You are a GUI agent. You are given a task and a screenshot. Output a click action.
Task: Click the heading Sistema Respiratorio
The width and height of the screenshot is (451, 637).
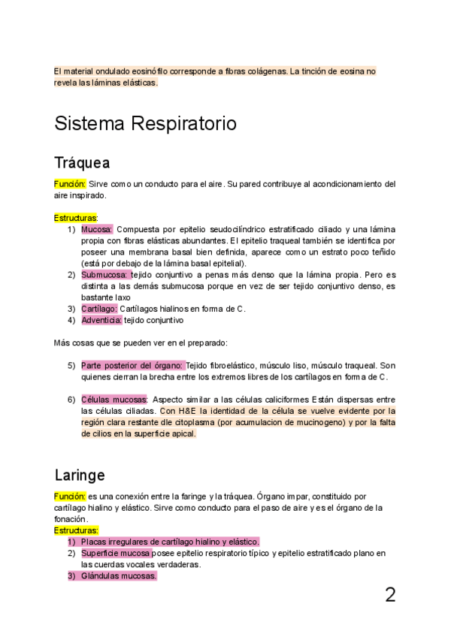(x=145, y=123)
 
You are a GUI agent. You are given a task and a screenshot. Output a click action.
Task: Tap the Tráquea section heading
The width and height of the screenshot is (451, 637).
(x=82, y=163)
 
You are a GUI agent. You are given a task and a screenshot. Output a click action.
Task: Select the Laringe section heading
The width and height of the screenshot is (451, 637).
(x=79, y=475)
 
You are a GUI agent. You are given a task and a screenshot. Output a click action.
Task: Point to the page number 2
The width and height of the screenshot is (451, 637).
(x=390, y=595)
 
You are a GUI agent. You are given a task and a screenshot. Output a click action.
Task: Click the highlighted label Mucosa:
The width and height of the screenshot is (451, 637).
(x=97, y=229)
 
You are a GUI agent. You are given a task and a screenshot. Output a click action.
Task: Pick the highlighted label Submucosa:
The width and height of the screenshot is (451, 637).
(x=105, y=275)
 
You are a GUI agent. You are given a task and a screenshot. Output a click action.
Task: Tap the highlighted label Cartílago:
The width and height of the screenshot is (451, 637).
(x=99, y=309)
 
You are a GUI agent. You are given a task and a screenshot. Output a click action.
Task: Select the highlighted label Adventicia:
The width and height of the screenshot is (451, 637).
(x=101, y=320)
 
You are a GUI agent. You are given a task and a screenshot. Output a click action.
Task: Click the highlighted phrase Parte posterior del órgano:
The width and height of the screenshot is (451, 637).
(x=132, y=365)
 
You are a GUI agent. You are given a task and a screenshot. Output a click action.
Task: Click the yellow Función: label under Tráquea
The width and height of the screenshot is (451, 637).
(x=70, y=183)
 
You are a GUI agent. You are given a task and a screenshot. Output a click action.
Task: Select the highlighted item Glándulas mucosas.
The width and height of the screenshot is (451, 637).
(x=119, y=575)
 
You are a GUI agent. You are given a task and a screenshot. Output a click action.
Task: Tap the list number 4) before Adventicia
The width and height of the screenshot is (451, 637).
(x=71, y=320)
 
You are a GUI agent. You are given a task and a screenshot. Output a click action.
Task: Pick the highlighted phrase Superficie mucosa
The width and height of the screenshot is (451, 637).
(x=116, y=553)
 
